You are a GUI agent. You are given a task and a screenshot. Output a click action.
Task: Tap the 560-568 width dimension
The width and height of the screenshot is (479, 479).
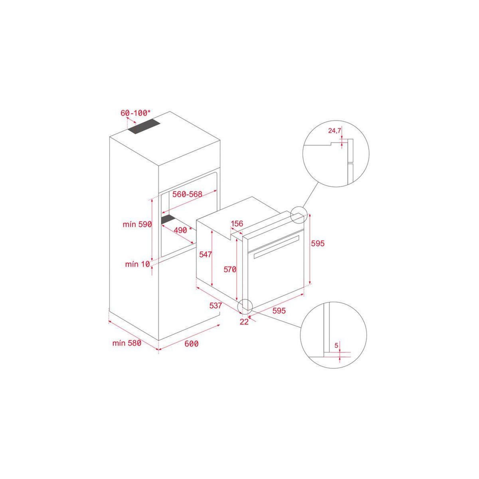(x=188, y=194)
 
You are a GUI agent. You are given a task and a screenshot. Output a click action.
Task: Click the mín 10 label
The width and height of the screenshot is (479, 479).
(x=137, y=264)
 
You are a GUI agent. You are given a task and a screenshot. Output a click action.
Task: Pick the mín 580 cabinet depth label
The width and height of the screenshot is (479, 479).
(x=127, y=343)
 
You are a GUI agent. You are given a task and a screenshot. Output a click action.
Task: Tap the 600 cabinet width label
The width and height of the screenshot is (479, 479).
(x=192, y=344)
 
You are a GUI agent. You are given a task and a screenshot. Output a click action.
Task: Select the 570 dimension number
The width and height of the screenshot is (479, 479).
(x=230, y=269)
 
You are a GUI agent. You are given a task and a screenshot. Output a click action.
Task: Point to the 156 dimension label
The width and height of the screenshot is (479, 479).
(x=237, y=224)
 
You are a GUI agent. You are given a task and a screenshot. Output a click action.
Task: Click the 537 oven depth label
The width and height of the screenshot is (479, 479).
(x=216, y=306)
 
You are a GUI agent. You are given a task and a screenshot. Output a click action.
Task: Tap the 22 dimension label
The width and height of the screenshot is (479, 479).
(x=244, y=322)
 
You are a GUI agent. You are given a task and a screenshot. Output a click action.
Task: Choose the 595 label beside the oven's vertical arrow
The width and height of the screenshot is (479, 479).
(x=318, y=243)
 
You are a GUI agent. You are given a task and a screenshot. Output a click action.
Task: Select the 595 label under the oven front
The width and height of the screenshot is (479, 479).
(x=279, y=311)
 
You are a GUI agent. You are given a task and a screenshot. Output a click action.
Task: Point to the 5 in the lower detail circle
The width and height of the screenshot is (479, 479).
(x=336, y=345)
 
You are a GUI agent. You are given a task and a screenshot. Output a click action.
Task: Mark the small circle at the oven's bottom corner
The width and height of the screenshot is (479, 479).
(x=245, y=306)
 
